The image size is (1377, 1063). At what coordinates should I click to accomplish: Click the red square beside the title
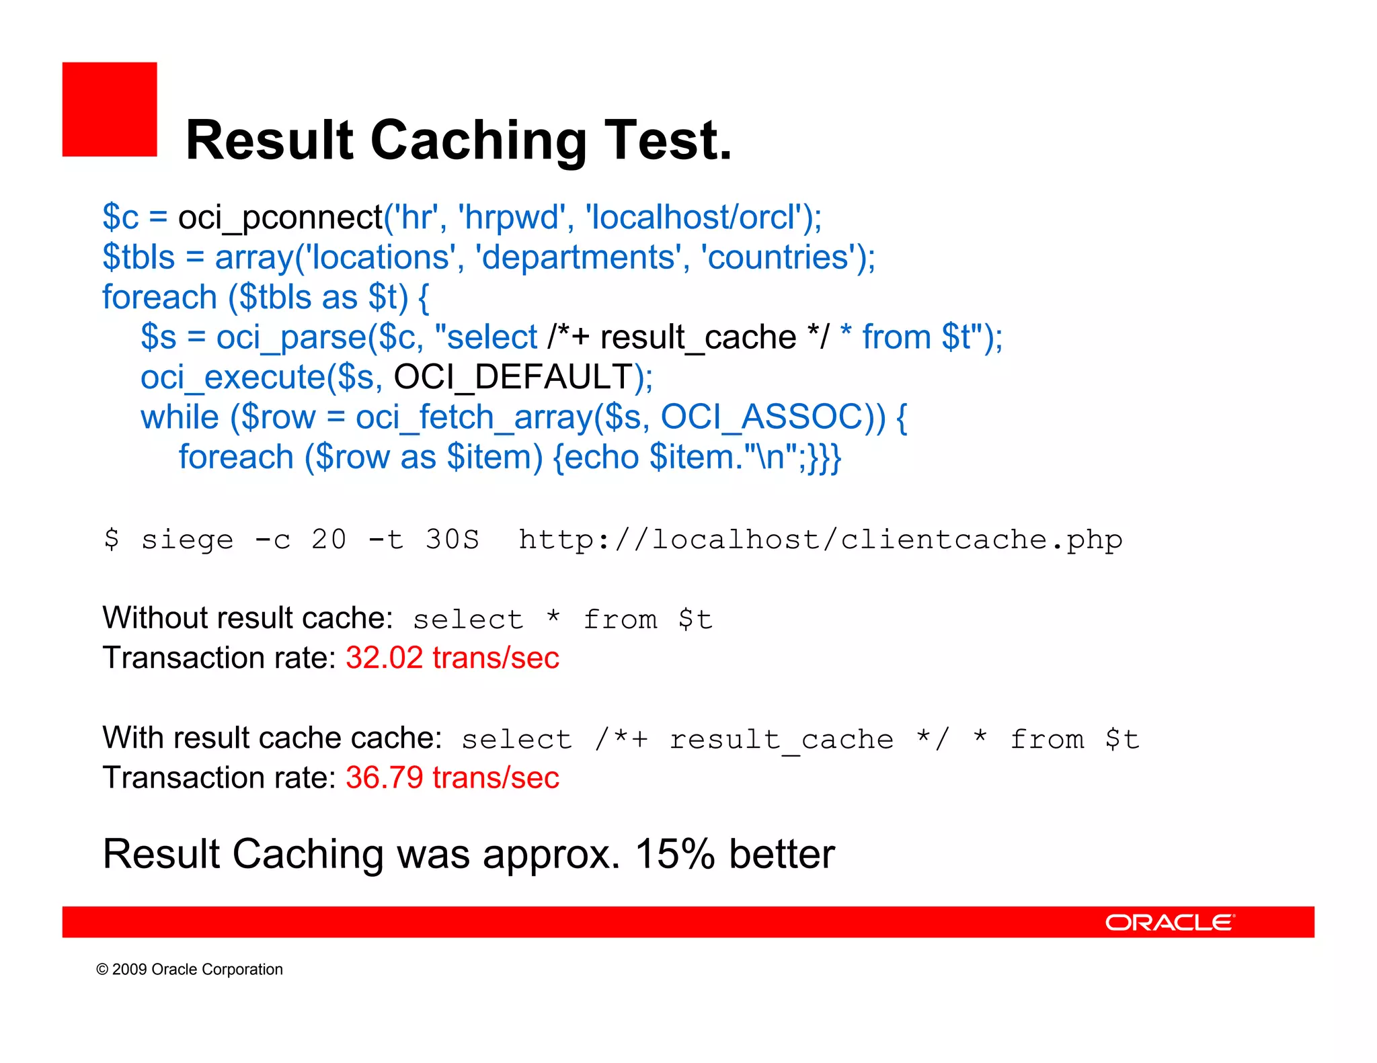(110, 110)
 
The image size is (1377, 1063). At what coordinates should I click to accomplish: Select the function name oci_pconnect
(280, 218)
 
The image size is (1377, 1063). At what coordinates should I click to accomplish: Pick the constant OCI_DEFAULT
(513, 377)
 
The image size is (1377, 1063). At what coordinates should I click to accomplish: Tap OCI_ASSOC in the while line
(762, 417)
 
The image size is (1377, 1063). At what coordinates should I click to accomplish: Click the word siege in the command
(187, 540)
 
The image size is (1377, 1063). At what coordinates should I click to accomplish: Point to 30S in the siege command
(452, 540)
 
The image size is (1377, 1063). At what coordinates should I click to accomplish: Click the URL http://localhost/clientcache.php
(820, 540)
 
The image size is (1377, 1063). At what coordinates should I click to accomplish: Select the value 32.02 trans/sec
(453, 658)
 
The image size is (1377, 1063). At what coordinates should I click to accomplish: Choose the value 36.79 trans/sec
(453, 778)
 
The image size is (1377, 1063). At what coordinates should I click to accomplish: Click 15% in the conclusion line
(674, 855)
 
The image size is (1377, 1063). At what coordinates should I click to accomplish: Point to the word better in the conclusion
(782, 855)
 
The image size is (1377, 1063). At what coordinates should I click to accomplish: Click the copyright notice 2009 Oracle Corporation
(190, 970)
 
